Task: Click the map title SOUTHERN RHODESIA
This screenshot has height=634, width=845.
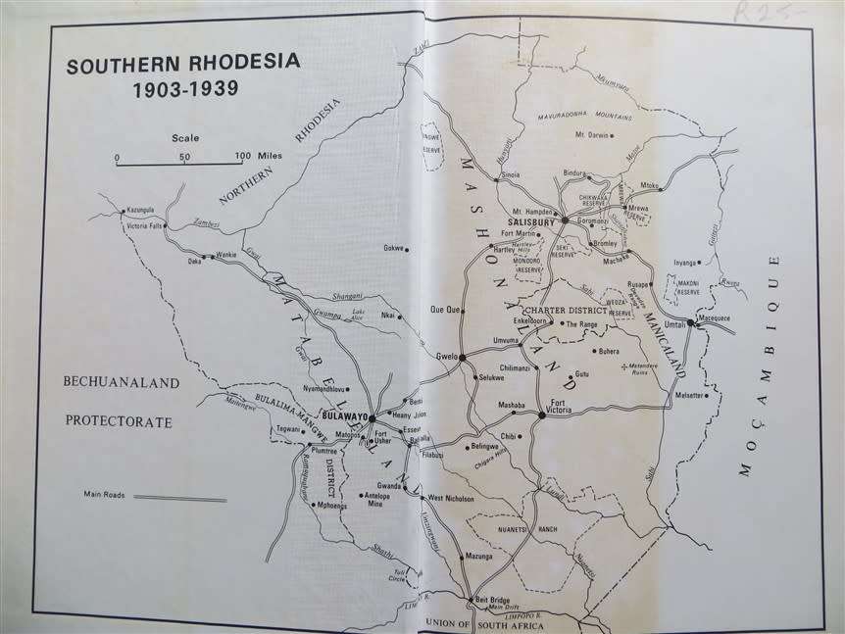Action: pyautogui.click(x=184, y=68)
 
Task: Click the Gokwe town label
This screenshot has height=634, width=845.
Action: pyautogui.click(x=393, y=248)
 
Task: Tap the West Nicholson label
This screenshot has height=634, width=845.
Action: pyautogui.click(x=452, y=499)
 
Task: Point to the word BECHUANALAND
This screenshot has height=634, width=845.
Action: pyautogui.click(x=122, y=383)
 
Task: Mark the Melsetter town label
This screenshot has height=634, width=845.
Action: pyautogui.click(x=688, y=396)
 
